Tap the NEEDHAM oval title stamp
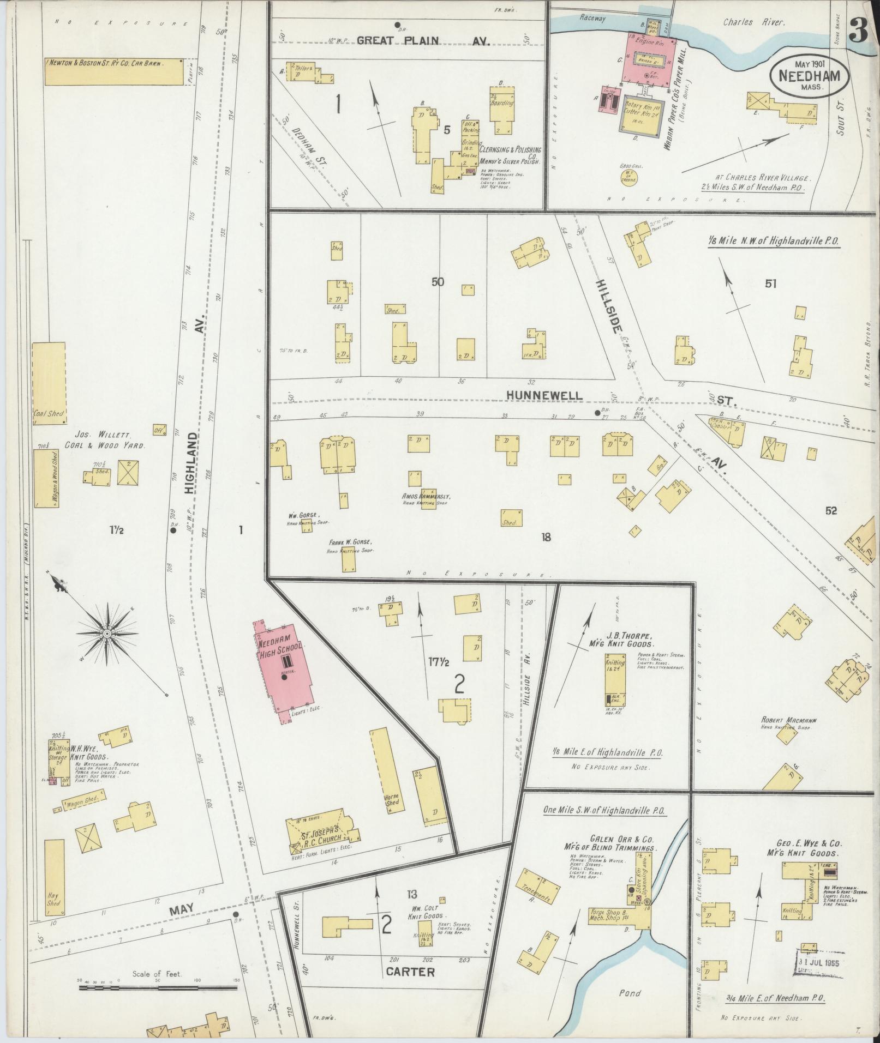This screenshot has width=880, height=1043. [809, 76]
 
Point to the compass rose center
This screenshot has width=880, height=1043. [107, 634]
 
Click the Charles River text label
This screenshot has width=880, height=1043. [753, 22]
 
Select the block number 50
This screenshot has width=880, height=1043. [438, 282]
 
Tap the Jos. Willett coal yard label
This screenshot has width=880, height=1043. [110, 440]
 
